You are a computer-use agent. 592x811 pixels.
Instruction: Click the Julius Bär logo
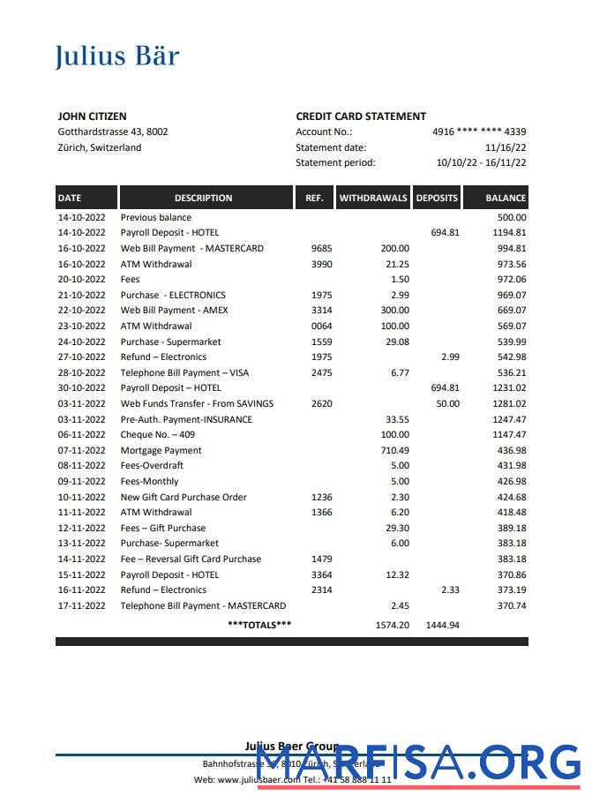tap(117, 56)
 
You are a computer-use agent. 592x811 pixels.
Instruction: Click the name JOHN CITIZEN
tap(92, 116)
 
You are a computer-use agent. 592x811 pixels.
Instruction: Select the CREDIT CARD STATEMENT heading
tap(361, 116)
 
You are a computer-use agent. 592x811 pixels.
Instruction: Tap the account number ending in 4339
tap(479, 131)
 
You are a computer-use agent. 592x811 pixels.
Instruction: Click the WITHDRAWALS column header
tap(373, 198)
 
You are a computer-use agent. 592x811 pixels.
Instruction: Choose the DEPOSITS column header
tap(437, 198)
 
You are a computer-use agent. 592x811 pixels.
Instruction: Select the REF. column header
tap(314, 198)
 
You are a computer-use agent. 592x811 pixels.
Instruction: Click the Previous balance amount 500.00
tap(512, 217)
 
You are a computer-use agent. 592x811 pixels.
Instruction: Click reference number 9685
tap(322, 249)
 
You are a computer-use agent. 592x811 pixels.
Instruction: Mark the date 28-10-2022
tap(82, 372)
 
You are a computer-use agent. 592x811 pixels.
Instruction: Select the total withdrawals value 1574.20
tap(392, 625)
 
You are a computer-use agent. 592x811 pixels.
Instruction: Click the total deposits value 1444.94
tap(442, 625)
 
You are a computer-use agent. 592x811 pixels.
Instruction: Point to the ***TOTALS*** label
tap(259, 625)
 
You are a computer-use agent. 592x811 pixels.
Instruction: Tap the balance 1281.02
tap(510, 403)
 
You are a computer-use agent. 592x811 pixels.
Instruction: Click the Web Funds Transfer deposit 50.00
tap(447, 403)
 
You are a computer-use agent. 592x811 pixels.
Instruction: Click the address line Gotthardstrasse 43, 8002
tap(113, 131)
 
